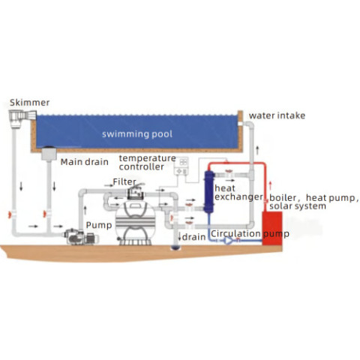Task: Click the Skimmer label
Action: click(29, 103)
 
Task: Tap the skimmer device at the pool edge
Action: click(22, 119)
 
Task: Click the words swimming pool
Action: click(137, 134)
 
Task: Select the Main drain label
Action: click(85, 162)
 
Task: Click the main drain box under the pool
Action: click(49, 153)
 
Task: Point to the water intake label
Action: click(277, 115)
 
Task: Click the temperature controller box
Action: click(181, 166)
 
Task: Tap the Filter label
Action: click(124, 181)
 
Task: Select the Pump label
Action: click(99, 225)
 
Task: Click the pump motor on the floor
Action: click(81, 237)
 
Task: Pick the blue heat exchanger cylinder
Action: click(209, 192)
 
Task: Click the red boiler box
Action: click(272, 228)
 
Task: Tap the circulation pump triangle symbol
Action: click(228, 241)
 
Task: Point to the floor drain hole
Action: click(176, 247)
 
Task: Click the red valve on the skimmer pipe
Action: click(10, 214)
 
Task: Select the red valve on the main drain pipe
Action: click(45, 214)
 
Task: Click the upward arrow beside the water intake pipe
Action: click(257, 150)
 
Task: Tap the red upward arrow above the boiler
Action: click(270, 186)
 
